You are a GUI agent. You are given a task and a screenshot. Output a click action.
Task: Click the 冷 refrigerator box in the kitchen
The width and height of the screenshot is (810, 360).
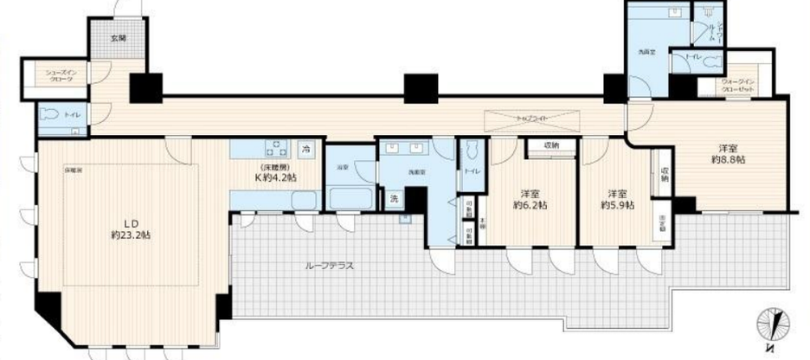[x=306, y=150]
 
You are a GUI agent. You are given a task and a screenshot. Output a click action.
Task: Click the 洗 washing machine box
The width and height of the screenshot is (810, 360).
[x=394, y=199]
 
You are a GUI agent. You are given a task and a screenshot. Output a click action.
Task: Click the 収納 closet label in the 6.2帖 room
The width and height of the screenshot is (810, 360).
[x=551, y=145]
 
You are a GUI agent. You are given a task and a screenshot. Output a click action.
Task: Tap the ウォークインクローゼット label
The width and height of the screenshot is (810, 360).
[x=738, y=84]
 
